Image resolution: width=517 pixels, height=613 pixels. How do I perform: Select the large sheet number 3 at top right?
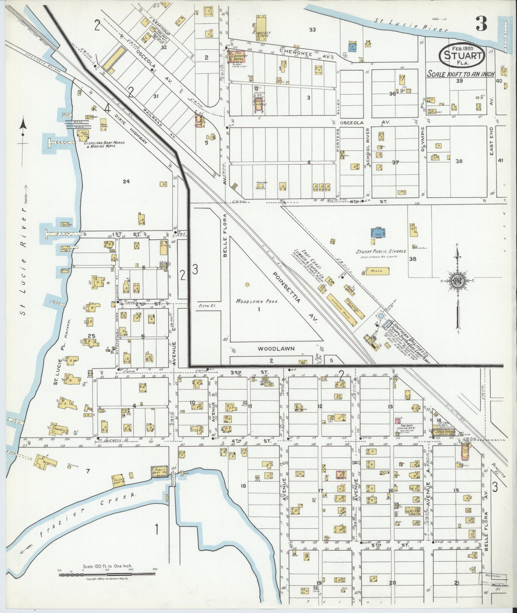click(481, 23)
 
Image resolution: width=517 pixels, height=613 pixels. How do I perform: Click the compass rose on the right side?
click(457, 280)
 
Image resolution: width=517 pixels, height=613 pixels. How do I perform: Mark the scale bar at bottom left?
click(107, 574)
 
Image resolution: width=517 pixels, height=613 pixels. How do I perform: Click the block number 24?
click(126, 181)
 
